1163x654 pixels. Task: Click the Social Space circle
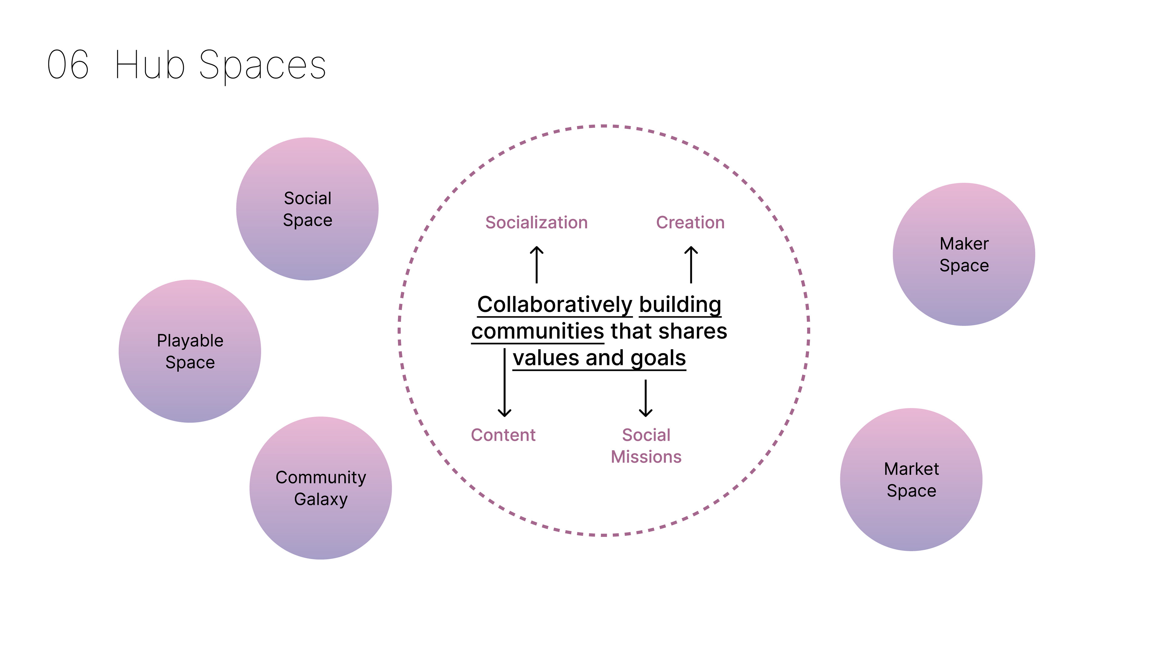(x=307, y=209)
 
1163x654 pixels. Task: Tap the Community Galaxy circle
(x=320, y=487)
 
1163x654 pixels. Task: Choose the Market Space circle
(x=911, y=479)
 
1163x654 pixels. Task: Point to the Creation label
(x=690, y=223)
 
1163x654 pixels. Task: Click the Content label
(x=503, y=435)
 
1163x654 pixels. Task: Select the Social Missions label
(x=646, y=446)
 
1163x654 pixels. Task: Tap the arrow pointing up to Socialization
(x=536, y=265)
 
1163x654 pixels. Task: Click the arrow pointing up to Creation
(x=691, y=265)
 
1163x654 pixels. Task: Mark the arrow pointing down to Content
(x=504, y=383)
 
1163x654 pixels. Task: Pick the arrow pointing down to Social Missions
(x=646, y=398)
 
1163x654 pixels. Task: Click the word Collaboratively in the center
(x=555, y=305)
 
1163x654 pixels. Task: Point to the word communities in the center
(x=537, y=331)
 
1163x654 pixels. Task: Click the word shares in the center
(x=693, y=331)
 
